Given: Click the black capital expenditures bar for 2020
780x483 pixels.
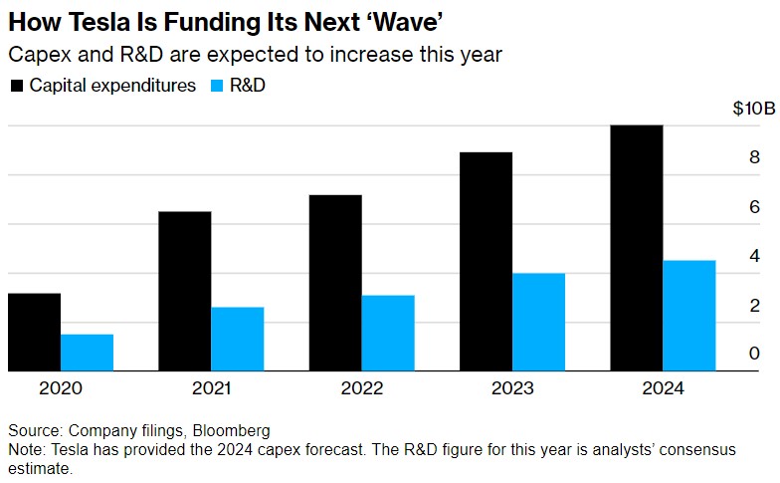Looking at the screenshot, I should pyautogui.click(x=34, y=333).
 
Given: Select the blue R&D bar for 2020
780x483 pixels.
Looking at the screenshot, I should pyautogui.click(x=87, y=353).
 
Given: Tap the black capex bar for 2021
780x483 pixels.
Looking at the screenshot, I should pyautogui.click(x=184, y=292).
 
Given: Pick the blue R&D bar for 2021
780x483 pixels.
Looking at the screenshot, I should pyautogui.click(x=237, y=340).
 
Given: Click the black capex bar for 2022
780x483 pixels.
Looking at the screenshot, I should pyautogui.click(x=335, y=284).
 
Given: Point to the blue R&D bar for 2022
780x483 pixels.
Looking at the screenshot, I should pyautogui.click(x=388, y=334).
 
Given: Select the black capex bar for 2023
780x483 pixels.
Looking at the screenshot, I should pyautogui.click(x=486, y=262).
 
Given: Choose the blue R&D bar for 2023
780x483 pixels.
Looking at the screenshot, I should pyautogui.click(x=538, y=323).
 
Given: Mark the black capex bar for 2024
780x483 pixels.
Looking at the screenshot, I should pyautogui.click(x=636, y=248).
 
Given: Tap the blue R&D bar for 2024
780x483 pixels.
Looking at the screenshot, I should pyautogui.click(x=688, y=316).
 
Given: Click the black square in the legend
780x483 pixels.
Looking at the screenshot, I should pyautogui.click(x=18, y=86).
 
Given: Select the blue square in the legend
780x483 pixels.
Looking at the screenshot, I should pyautogui.click(x=219, y=86).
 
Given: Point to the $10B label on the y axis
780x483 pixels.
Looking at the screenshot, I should pyautogui.click(x=740, y=109).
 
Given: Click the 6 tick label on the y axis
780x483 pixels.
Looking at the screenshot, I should pyautogui.click(x=754, y=206).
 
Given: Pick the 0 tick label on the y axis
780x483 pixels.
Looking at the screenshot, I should pyautogui.click(x=754, y=354).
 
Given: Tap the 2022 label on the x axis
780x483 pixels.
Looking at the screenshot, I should pyautogui.click(x=361, y=388).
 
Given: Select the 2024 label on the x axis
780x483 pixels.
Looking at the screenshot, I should pyautogui.click(x=663, y=388).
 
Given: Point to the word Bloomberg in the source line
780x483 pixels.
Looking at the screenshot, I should pyautogui.click(x=233, y=431).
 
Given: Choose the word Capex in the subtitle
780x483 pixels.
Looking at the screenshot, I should pyautogui.click(x=37, y=55).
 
